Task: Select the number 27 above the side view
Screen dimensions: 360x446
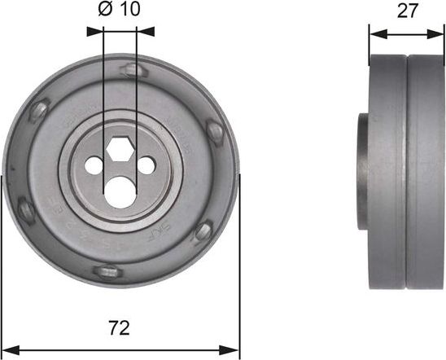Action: click(407, 12)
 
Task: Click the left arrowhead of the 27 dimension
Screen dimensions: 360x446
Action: click(374, 35)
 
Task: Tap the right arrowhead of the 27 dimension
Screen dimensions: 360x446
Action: click(440, 35)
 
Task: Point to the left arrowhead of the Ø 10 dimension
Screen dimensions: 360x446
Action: click(94, 32)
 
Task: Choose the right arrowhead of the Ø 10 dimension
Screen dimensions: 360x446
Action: click(147, 32)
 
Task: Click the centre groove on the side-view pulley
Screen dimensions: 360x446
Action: click(407, 171)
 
